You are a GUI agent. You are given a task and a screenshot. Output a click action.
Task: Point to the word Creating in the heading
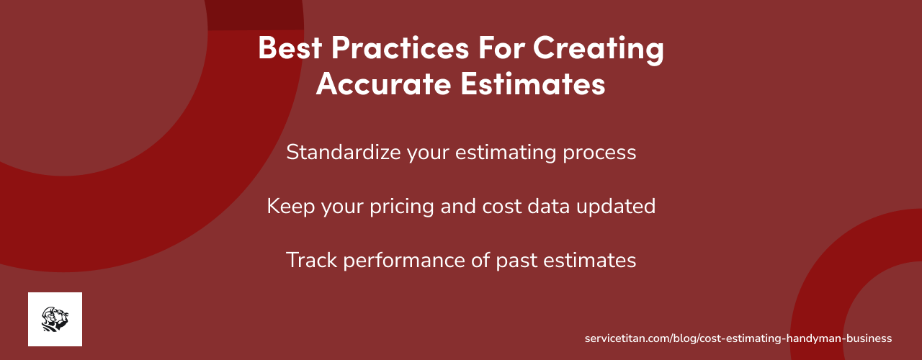[599, 49]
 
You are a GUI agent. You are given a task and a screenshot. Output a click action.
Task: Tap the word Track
[312, 260]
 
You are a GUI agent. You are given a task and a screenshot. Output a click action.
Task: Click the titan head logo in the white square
[55, 319]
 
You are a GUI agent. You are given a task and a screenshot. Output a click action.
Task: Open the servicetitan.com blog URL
[738, 338]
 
